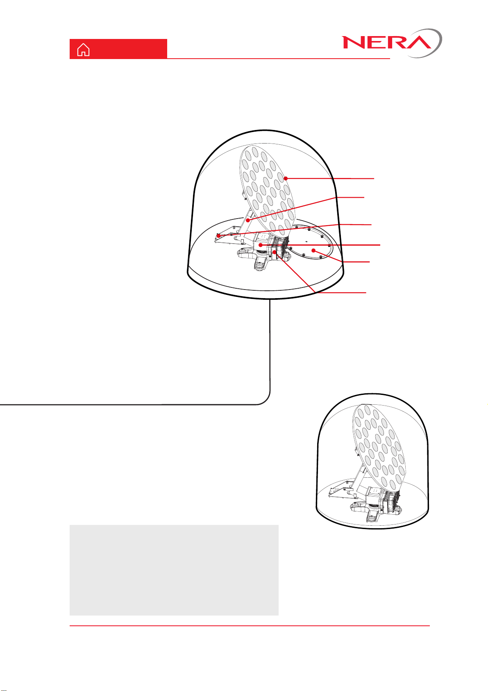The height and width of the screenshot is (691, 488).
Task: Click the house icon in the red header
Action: click(x=83, y=50)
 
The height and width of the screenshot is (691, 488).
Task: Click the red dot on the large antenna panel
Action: click(x=286, y=178)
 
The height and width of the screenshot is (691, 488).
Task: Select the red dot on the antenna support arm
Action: click(x=247, y=220)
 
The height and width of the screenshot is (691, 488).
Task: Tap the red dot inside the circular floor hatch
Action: click(x=313, y=251)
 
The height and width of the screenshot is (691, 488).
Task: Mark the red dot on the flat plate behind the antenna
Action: click(x=218, y=236)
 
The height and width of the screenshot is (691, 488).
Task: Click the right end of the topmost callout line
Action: click(x=374, y=178)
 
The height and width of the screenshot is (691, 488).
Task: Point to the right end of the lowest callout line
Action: click(x=366, y=292)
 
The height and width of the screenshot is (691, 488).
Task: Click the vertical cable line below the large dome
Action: click(x=270, y=345)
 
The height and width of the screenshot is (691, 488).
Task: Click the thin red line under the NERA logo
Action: click(x=278, y=58)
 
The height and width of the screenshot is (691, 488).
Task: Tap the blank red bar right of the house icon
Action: click(x=129, y=49)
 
